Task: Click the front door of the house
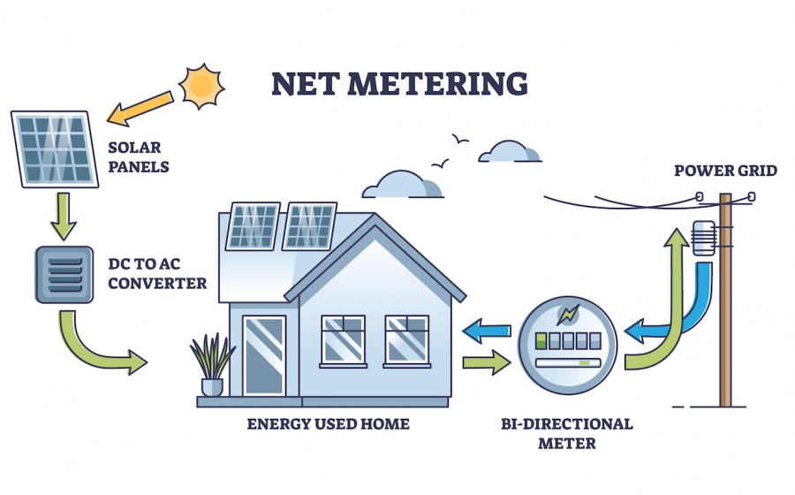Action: coord(263,354)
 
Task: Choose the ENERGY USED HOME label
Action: coord(328,424)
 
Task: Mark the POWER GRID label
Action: coord(725,170)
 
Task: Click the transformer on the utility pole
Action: coord(703,237)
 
